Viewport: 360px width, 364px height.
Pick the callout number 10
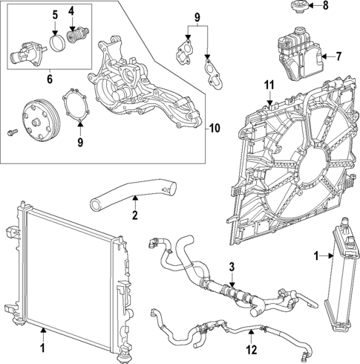pos(215,128)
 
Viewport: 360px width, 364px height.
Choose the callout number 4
pos(72,11)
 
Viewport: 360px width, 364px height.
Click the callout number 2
pos(134,217)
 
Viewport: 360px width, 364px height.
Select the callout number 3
pos(232,267)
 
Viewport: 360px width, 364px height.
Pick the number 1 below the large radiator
pos(43,347)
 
